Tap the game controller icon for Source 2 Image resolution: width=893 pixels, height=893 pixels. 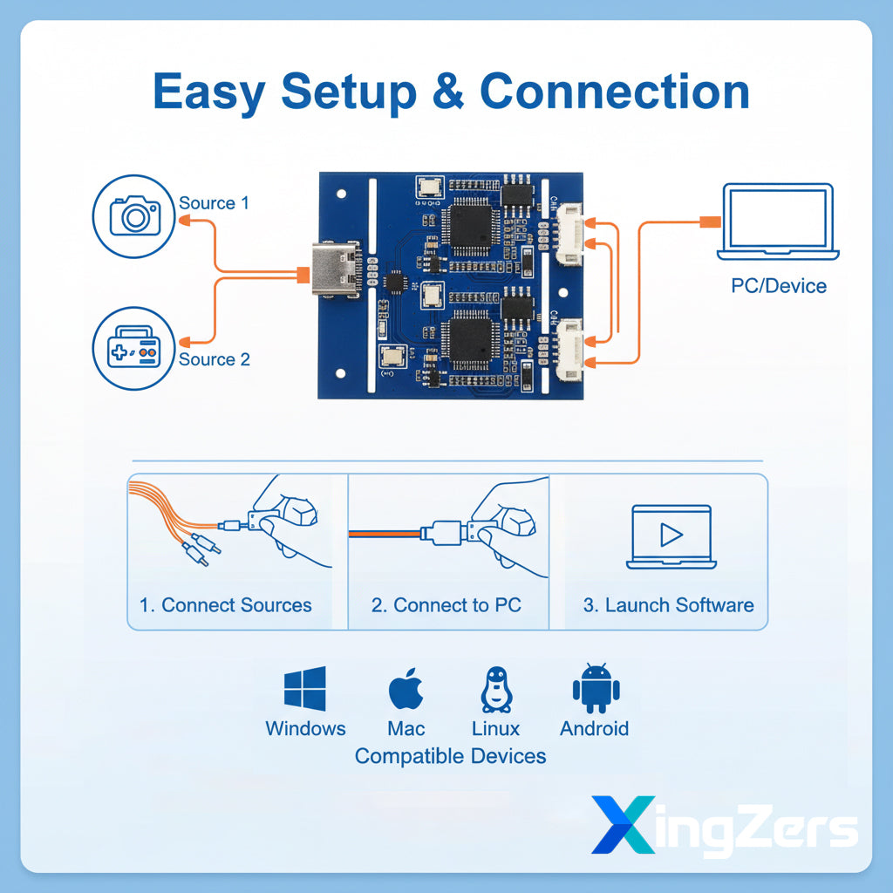point(133,348)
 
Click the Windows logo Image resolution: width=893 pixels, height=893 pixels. point(305,688)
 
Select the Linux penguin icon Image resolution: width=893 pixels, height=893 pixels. point(495,690)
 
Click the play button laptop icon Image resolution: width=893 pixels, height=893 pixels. point(671,535)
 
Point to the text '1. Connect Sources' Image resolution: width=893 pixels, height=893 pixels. point(225,605)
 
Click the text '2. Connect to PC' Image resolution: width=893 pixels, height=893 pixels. point(446,605)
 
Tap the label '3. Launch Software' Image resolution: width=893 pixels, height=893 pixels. point(668,605)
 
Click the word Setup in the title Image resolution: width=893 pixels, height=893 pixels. point(348,92)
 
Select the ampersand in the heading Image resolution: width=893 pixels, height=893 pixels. point(449,92)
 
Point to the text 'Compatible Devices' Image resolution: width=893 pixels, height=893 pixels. point(450,756)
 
